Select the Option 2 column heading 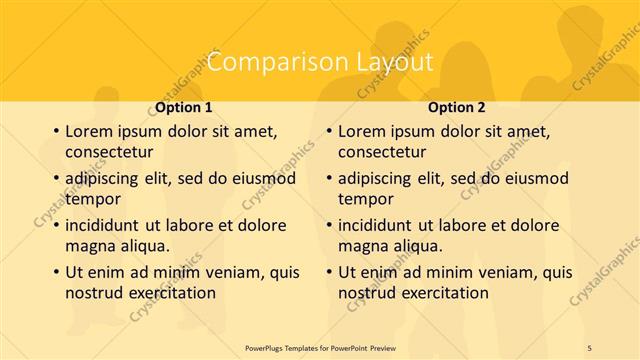pos(457,107)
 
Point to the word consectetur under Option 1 pos(108,152)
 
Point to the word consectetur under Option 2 pos(382,152)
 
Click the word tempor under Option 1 pos(92,199)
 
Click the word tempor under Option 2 pos(365,199)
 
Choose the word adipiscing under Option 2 pos(378,178)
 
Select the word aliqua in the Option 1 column pos(142,246)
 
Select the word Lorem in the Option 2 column pos(362,131)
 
